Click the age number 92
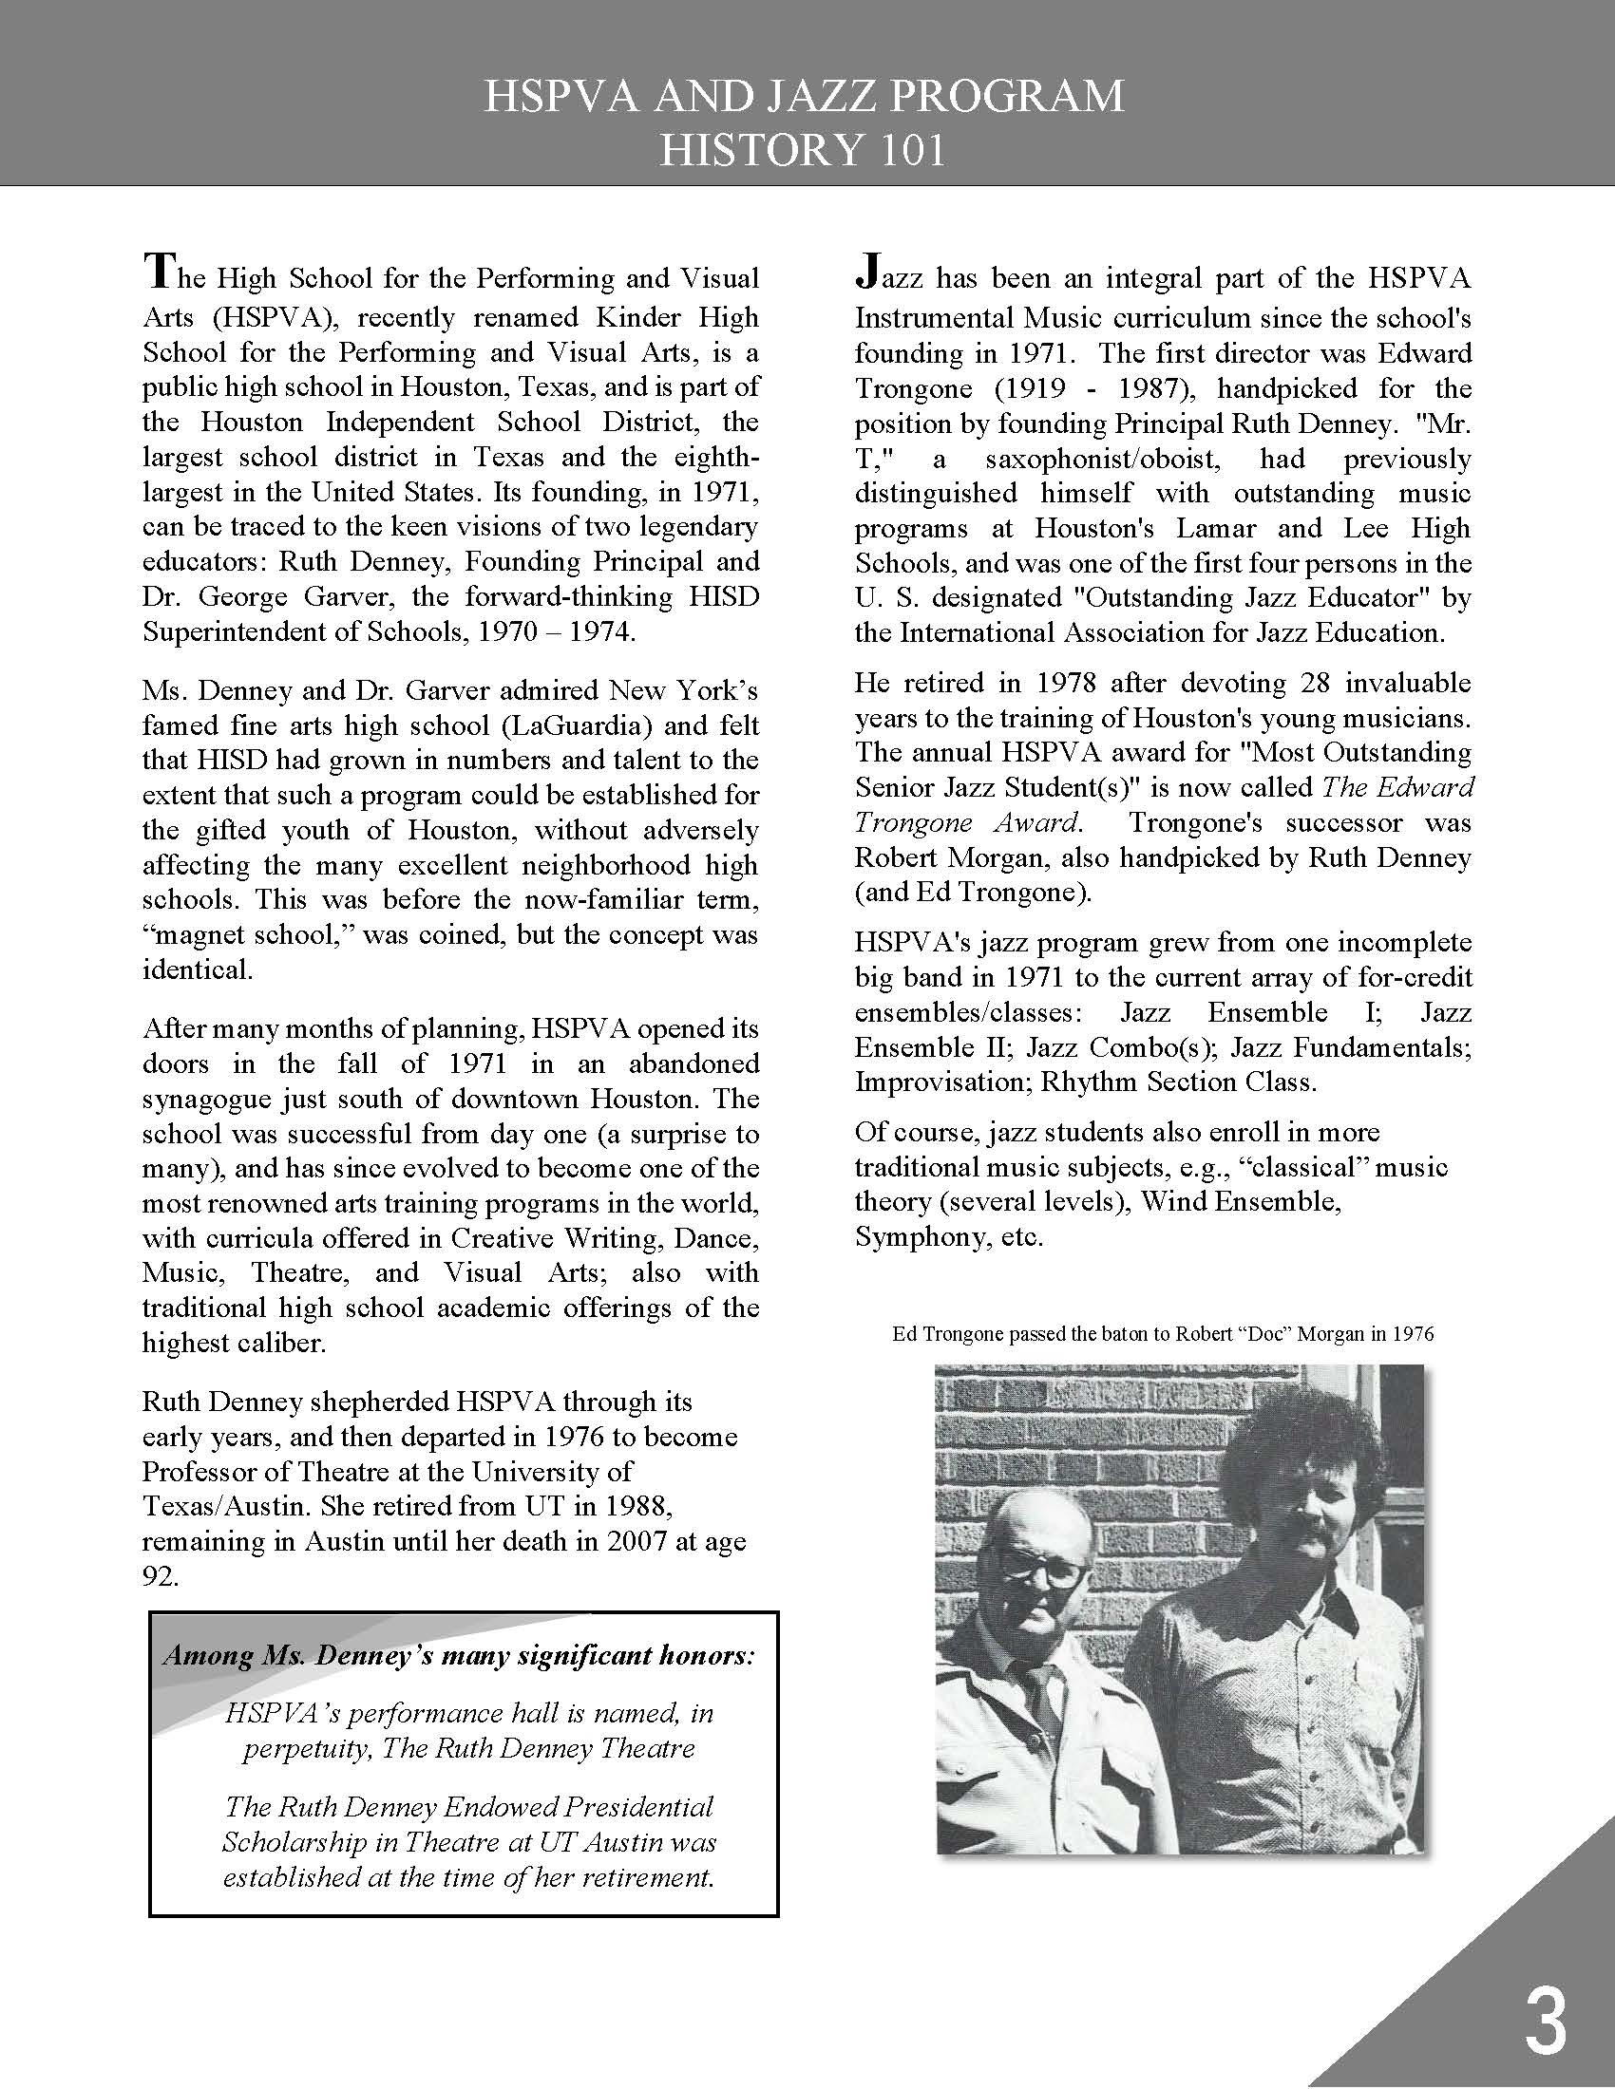point(161,1575)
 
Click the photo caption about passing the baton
point(1163,1333)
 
